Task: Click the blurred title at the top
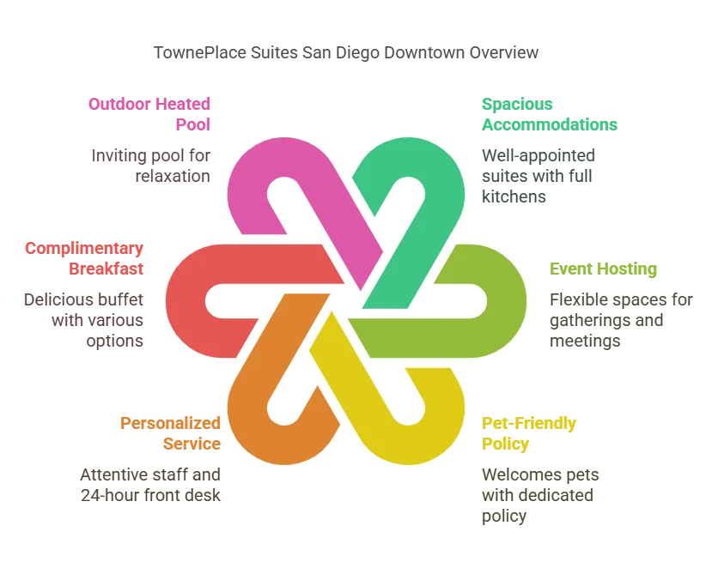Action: coord(346,53)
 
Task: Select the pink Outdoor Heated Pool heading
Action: coord(150,113)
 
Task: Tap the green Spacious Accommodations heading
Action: coord(548,113)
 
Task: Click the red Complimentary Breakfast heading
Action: coord(82,257)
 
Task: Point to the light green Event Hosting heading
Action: coord(603,269)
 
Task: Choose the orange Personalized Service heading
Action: coord(172,433)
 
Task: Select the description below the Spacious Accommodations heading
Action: coord(538,176)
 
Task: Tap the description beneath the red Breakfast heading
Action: coord(82,319)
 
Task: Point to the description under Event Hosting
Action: coord(620,320)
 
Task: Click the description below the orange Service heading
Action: coord(150,484)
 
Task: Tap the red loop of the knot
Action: coord(185,300)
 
